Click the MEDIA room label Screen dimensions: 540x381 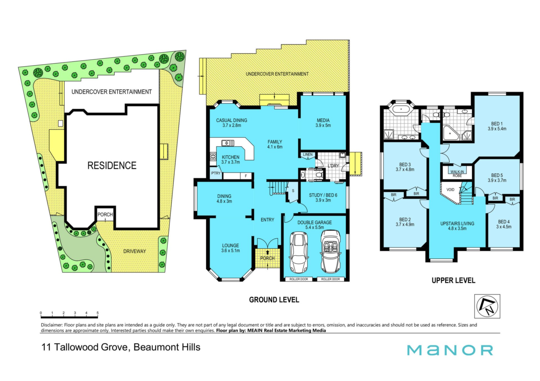[x=323, y=120]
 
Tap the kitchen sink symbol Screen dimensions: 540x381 [x=228, y=143]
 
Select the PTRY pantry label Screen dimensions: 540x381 [x=216, y=173]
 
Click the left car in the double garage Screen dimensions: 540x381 [x=299, y=252]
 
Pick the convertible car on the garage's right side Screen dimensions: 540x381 [x=330, y=252]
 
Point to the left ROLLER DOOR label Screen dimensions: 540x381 [x=299, y=279]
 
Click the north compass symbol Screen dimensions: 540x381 [x=487, y=306]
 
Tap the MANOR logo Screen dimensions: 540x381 [x=450, y=350]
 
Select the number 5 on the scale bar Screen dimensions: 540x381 [x=98, y=313]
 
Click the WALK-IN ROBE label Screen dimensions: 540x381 [x=457, y=174]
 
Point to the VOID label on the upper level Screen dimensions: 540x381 [x=450, y=190]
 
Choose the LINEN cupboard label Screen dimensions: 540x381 [x=308, y=154]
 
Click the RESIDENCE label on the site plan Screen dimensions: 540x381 [x=112, y=165]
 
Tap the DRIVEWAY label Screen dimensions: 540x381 [x=135, y=251]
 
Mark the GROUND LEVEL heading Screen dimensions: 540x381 [x=274, y=300]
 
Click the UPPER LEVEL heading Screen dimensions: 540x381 [x=453, y=280]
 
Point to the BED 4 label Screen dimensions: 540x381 [x=504, y=222]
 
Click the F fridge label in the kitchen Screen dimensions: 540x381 [x=246, y=176]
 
